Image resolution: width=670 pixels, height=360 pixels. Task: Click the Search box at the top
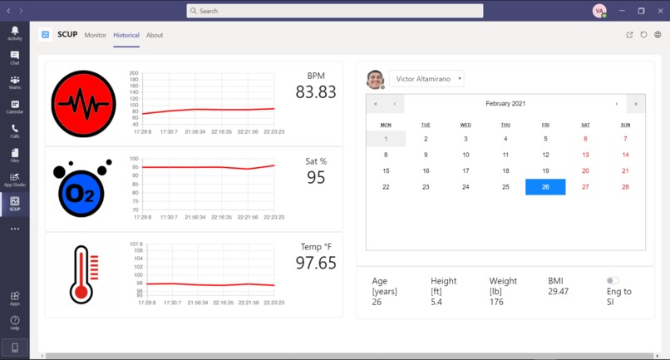pos(334,11)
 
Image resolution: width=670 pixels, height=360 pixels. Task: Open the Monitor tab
pos(96,35)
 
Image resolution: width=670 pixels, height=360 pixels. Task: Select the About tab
pos(155,35)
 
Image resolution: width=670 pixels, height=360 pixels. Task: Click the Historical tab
pos(126,35)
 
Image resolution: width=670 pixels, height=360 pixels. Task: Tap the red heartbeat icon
pos(83,104)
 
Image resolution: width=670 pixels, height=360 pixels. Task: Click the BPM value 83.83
pos(316,92)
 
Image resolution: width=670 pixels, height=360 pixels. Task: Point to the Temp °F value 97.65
pos(316,263)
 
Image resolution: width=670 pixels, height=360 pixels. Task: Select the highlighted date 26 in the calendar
pos(545,187)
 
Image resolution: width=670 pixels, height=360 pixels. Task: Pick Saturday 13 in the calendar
pos(585,155)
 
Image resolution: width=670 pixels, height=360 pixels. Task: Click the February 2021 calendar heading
pos(505,104)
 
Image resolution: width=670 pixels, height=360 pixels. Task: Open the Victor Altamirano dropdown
pos(427,79)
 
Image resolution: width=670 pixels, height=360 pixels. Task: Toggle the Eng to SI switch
pos(613,281)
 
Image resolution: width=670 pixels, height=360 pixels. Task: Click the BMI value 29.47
pos(559,292)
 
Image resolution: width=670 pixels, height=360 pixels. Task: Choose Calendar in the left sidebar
pos(15,106)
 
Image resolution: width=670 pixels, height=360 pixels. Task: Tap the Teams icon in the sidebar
pos(15,82)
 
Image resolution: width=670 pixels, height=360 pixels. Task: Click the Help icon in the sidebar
pos(15,322)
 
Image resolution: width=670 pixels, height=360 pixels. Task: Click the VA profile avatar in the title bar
pos(599,11)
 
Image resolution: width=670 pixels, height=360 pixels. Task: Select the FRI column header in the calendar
pos(545,125)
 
